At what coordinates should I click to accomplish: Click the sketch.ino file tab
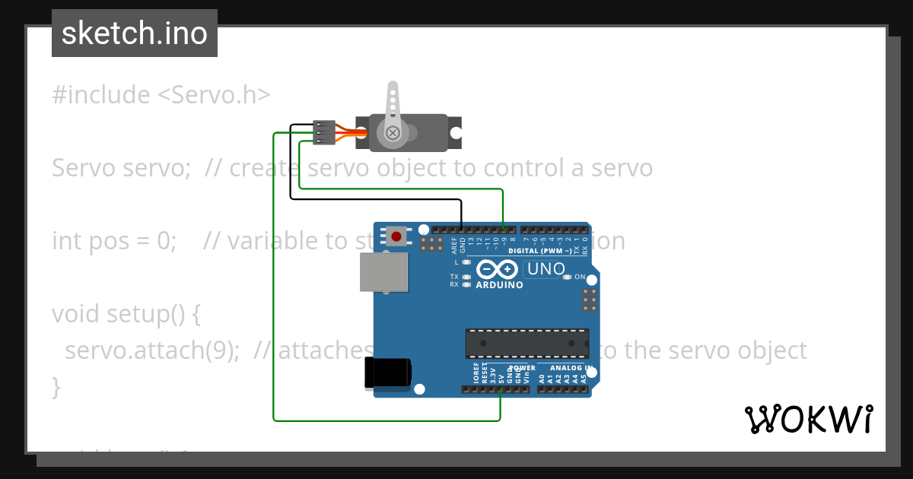coord(135,33)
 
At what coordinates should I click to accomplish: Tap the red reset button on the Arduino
coord(396,236)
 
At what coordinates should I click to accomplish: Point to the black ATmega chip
coord(527,344)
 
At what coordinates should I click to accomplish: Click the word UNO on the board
coord(546,268)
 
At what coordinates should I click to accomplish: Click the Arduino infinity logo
coord(498,269)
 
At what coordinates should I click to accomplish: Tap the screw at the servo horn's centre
coord(393,134)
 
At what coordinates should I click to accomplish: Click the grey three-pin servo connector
coord(324,133)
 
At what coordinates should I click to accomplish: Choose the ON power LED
coord(567,277)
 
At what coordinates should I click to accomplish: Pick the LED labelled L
coord(466,262)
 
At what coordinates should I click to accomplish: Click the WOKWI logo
coord(809,419)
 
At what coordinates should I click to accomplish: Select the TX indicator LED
coord(466,277)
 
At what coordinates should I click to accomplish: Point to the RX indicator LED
coord(466,284)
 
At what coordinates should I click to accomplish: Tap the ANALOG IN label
coord(570,368)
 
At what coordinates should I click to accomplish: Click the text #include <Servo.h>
coord(161,95)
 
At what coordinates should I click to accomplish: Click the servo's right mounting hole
coord(455,133)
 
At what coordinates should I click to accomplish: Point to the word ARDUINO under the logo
coord(499,285)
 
